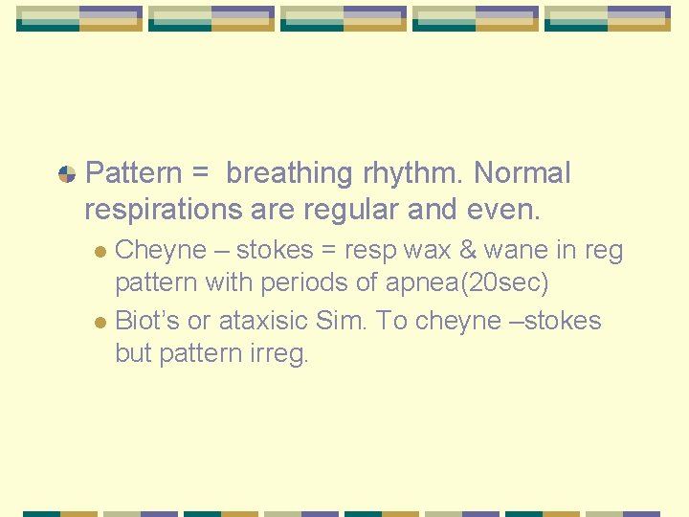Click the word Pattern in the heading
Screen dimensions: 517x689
tap(132, 173)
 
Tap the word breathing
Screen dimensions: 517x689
tap(289, 173)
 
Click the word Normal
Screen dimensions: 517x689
tap(522, 173)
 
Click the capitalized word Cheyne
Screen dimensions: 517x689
tap(161, 251)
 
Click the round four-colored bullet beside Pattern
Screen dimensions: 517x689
tap(67, 174)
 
